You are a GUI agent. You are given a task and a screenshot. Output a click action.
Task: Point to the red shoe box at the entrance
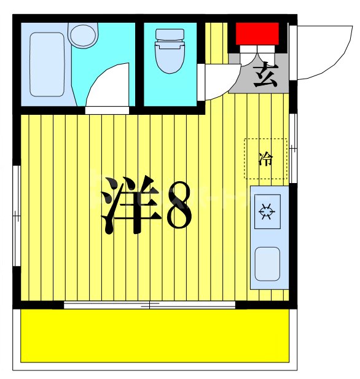tap(258, 34)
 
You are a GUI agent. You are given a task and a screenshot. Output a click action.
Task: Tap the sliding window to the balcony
tap(149, 305)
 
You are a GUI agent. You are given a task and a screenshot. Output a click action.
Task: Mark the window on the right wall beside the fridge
tap(294, 147)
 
